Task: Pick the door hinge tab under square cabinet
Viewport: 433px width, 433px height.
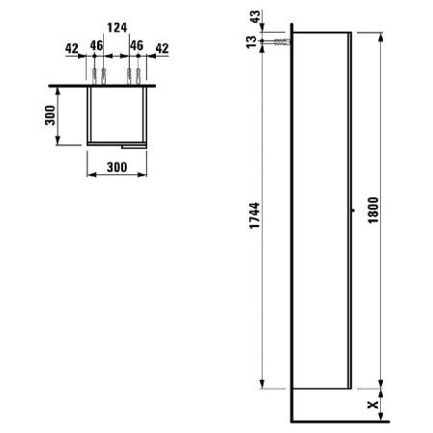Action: (132, 146)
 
